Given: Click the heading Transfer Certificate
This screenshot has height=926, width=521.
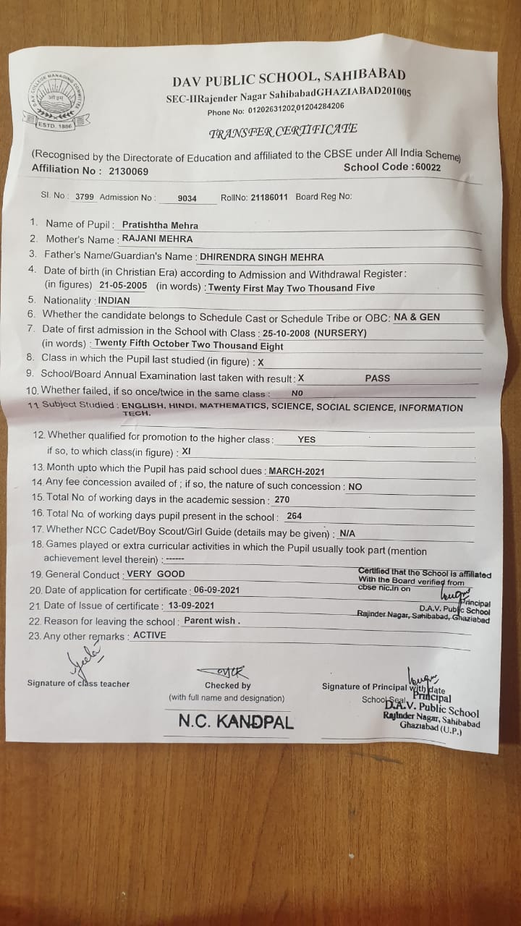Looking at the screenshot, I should [x=282, y=131].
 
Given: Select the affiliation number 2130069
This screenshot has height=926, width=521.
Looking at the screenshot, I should [x=128, y=171].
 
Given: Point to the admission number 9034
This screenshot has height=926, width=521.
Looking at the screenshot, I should [x=187, y=197].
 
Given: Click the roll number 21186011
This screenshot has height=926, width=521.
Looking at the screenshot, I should [x=268, y=197].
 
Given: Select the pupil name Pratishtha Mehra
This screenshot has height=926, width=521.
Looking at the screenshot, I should [x=160, y=226].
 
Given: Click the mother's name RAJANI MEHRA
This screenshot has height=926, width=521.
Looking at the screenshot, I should [x=156, y=239].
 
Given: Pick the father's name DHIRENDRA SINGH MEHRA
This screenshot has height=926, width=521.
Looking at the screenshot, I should [x=261, y=257].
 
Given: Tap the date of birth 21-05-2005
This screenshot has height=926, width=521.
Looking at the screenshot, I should [x=123, y=285].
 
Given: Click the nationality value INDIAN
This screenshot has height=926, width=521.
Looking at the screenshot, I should [x=114, y=300].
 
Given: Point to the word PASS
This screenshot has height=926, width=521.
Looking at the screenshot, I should [x=377, y=378].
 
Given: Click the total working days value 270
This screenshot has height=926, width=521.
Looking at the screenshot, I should [x=281, y=500].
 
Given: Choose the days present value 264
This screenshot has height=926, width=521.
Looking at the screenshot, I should [x=294, y=516].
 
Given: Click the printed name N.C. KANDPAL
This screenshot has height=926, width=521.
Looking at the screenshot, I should [x=236, y=721].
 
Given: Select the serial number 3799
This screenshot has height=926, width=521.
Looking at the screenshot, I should [x=85, y=196].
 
